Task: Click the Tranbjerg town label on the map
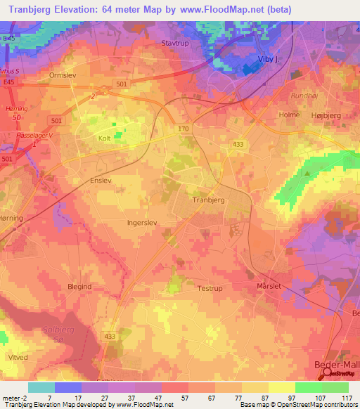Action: coord(208,200)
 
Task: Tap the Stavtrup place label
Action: coord(176,43)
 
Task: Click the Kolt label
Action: coord(105,138)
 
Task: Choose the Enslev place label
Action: coord(81,180)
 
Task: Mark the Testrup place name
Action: coord(210,288)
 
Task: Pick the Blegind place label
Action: coord(79,287)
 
